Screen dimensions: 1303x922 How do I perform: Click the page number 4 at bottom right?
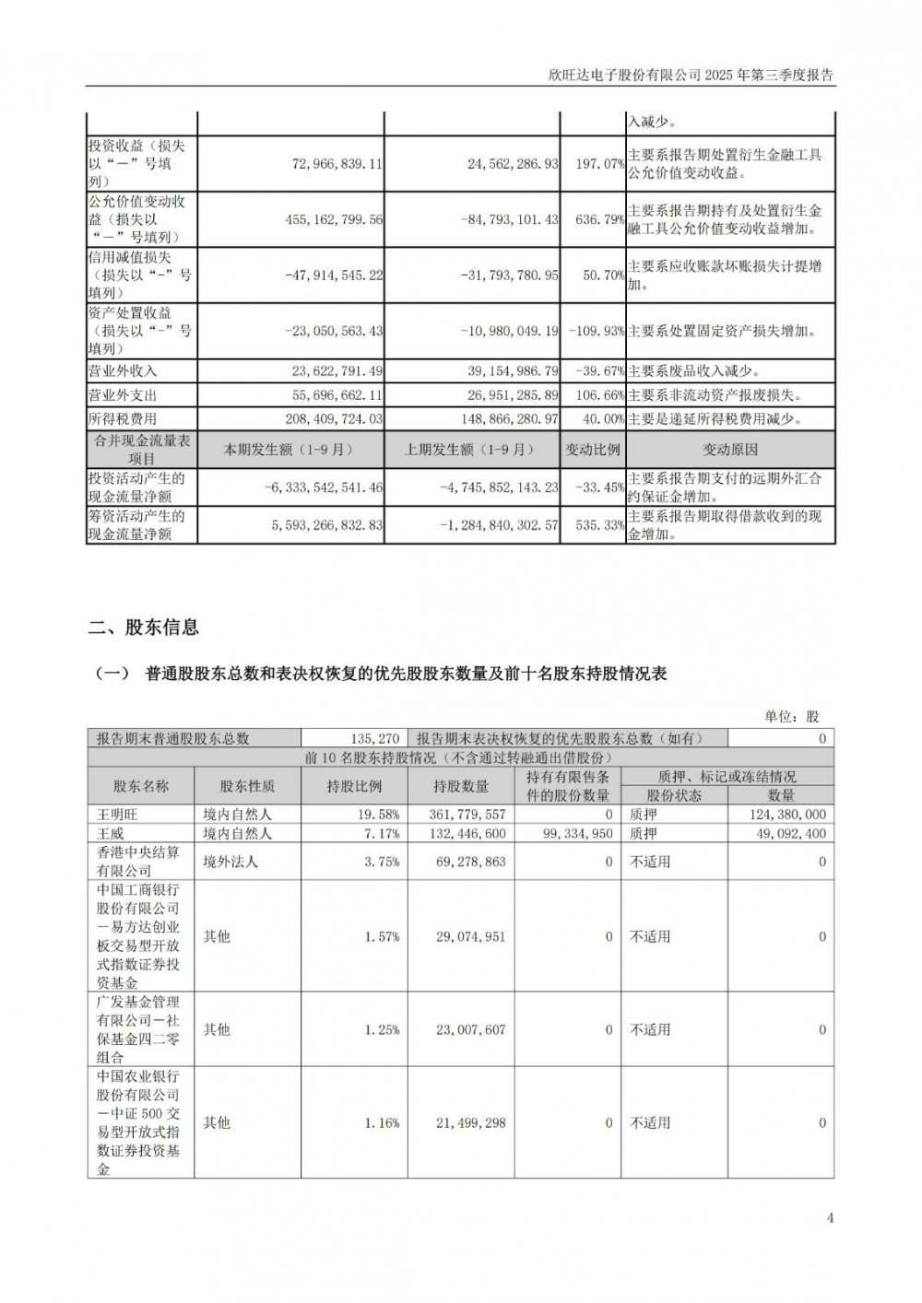[x=830, y=1218]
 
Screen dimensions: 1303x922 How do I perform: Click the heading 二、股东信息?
[x=144, y=628]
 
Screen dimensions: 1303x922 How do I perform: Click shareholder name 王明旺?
[x=116, y=815]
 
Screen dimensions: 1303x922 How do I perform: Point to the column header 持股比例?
[x=354, y=786]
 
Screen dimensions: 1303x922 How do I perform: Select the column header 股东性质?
[x=247, y=786]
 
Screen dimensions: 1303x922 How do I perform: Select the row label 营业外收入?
[x=123, y=370]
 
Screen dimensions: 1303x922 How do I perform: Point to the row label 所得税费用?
[x=123, y=418]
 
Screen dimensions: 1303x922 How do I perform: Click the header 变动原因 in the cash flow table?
[x=730, y=450]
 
